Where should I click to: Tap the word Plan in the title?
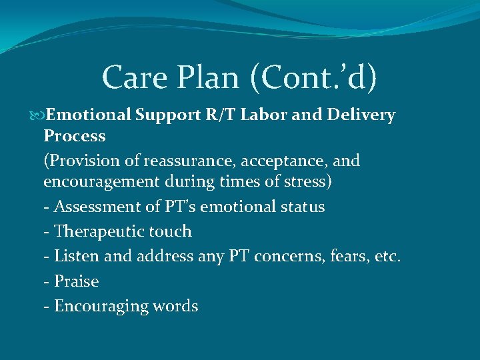pyautogui.click(x=207, y=78)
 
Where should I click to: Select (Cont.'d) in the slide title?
pyautogui.click(x=313, y=78)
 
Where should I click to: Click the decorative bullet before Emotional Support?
pyautogui.click(x=38, y=115)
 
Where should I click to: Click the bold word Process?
pyautogui.click(x=74, y=137)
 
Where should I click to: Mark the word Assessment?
pyautogui.click(x=92, y=207)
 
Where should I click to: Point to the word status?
pyautogui.click(x=301, y=207)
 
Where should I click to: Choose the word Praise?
pyautogui.click(x=76, y=281)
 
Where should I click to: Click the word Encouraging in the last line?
pyautogui.click(x=100, y=307)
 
